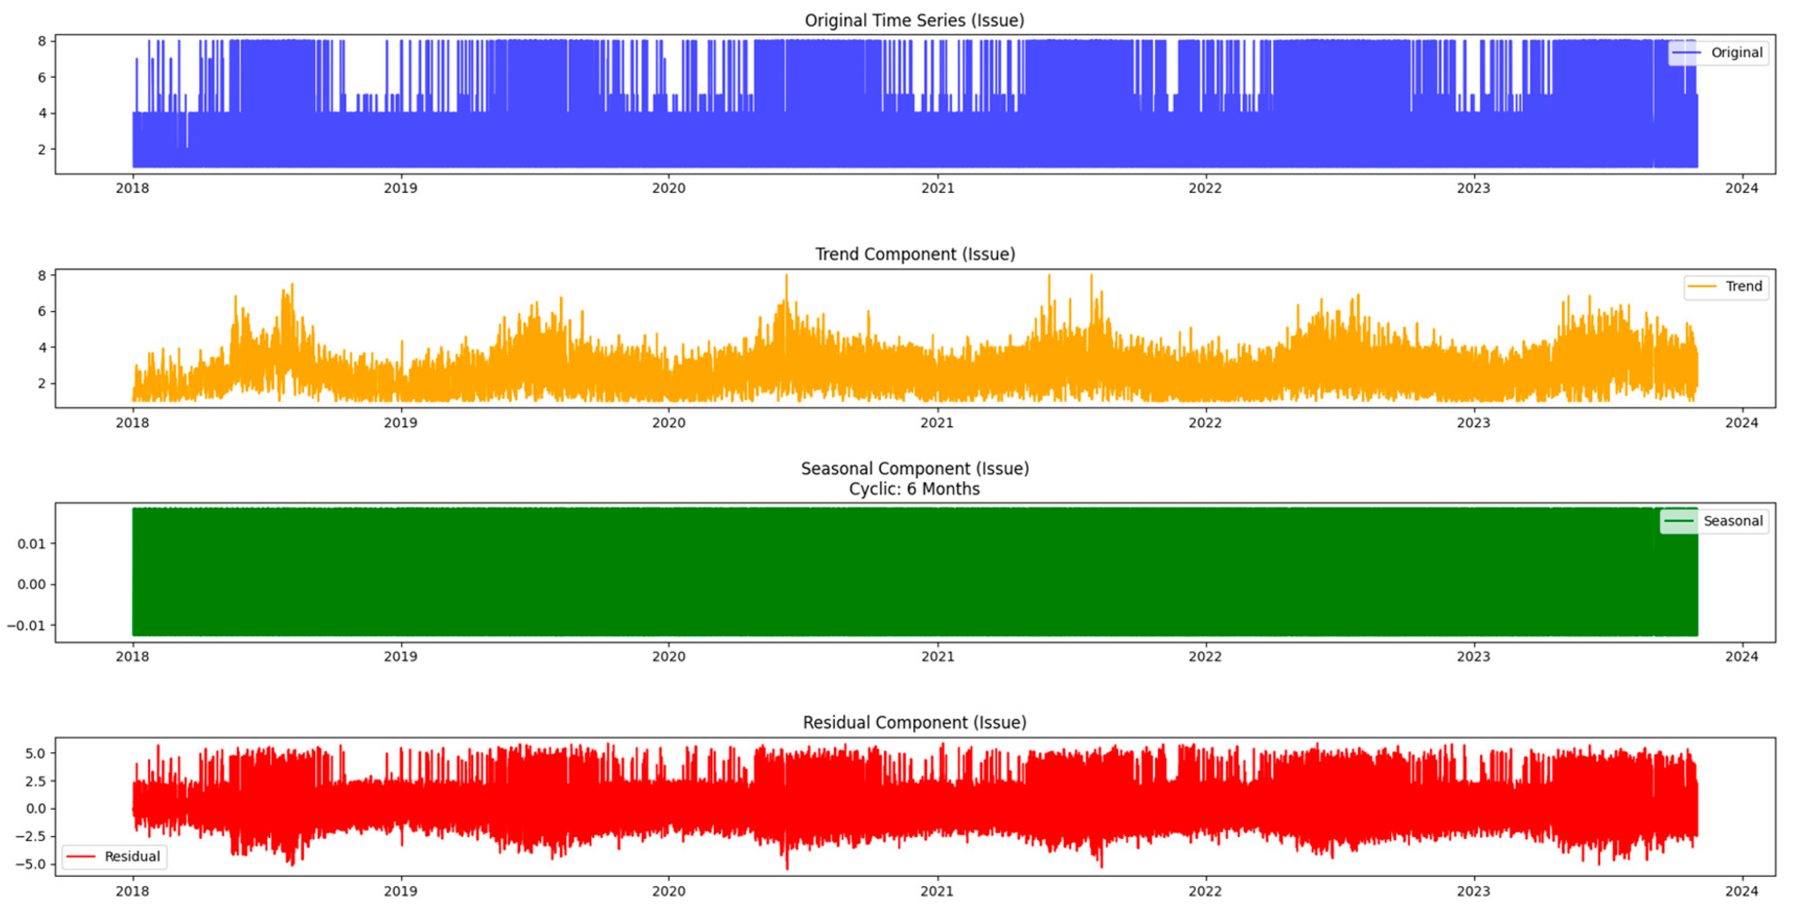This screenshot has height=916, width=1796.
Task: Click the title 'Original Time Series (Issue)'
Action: click(x=914, y=20)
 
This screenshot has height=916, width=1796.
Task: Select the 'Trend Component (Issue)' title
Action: click(x=915, y=254)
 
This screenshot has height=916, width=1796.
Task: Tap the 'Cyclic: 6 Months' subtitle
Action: click(x=914, y=489)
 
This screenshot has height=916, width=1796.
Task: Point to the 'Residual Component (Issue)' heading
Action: click(x=914, y=722)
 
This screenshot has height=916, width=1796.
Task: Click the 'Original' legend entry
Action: click(x=1736, y=53)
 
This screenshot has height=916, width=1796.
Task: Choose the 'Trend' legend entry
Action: click(x=1743, y=287)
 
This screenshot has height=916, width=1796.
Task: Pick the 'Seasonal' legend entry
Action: click(x=1733, y=521)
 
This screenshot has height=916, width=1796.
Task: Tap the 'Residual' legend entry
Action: click(x=132, y=857)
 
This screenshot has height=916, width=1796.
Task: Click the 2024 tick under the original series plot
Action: click(x=1741, y=188)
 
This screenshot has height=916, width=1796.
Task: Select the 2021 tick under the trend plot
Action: click(x=936, y=423)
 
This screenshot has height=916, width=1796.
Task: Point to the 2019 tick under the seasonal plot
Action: click(x=400, y=657)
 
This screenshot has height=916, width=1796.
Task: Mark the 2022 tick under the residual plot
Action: click(x=1205, y=891)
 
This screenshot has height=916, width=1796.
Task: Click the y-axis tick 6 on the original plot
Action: click(x=42, y=77)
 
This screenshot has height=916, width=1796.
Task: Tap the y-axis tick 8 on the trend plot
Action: click(x=42, y=276)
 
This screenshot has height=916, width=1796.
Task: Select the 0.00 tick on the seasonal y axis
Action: click(x=31, y=585)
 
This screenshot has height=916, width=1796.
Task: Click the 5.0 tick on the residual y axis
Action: click(x=35, y=753)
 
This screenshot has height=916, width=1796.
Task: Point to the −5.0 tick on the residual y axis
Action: click(x=30, y=864)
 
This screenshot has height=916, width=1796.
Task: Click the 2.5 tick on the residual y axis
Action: click(x=35, y=781)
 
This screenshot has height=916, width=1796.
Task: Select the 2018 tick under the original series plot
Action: click(x=132, y=188)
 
